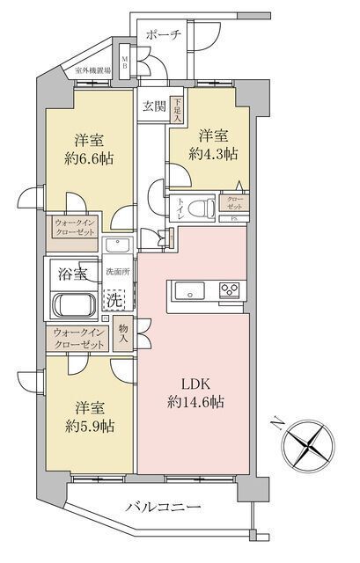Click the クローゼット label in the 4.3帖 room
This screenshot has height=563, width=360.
pyautogui.click(x=237, y=203)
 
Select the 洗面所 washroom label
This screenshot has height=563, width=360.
pyautogui.click(x=117, y=272)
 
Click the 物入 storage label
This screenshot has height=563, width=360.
pyautogui.click(x=123, y=333)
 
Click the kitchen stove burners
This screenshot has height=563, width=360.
pyautogui.click(x=231, y=291)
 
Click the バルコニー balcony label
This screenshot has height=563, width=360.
pyautogui.click(x=163, y=508)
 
